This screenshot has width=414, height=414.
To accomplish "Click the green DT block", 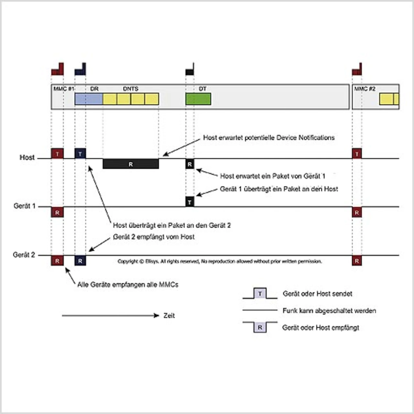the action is coord(198,99).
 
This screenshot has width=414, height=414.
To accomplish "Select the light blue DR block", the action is coord(89,99).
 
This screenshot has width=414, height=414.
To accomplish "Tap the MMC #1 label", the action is coord(64,89).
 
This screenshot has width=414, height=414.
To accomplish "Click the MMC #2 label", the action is coord(365,89).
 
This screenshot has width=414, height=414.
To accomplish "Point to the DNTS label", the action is coord(131,89).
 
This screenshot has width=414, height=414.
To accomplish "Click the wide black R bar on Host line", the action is coord(131,164).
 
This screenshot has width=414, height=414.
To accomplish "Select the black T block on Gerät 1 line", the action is coord(190,202).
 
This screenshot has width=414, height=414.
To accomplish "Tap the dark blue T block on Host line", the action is coord(80,154).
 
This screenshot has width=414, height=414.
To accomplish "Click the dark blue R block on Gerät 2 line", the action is coord(80,261).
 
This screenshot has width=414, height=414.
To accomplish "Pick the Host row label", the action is coord(27,158).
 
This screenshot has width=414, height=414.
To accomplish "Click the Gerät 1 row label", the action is coord(24,206).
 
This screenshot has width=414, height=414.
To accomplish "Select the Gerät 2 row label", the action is coord(24,255).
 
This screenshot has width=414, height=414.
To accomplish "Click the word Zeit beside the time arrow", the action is coord(169,316).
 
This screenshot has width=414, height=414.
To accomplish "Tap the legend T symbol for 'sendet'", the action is coord(260,293).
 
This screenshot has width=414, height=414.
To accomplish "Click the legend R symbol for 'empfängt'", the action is coord(260,327).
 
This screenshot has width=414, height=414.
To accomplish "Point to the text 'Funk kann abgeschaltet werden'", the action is coord(329,310).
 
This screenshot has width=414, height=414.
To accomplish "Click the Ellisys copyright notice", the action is coord(220,261).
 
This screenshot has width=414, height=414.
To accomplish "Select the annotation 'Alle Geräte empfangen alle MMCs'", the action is coord(128,285).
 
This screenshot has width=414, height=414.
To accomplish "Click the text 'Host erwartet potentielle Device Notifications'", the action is coord(269,138).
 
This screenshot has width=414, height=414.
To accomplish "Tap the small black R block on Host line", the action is coord(190,164).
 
